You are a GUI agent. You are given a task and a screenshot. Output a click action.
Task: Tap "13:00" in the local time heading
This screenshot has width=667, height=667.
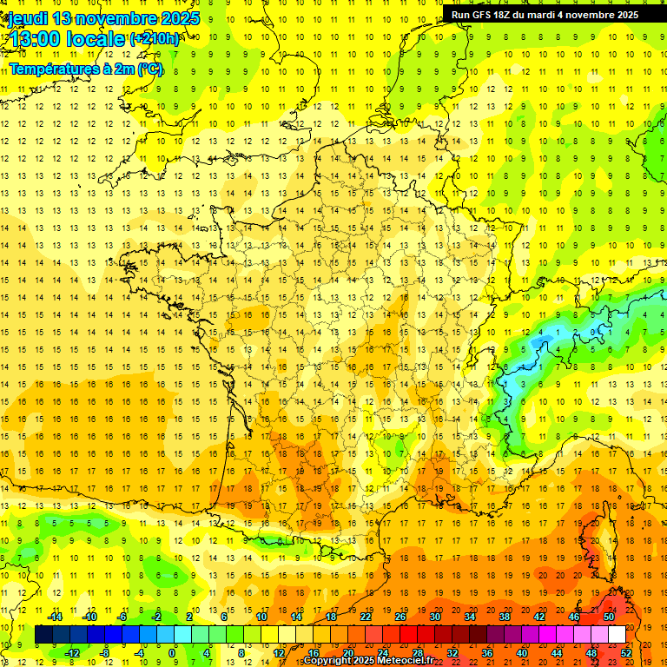pyautogui.click(x=34, y=38)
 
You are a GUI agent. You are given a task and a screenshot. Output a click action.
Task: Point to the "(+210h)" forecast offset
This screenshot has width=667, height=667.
pyautogui.click(x=155, y=38)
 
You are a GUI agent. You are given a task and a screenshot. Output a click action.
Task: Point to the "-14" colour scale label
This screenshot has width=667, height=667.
pyautogui.click(x=56, y=617)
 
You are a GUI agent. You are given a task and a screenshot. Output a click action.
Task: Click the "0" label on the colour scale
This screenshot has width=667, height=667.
pyautogui.click(x=172, y=652)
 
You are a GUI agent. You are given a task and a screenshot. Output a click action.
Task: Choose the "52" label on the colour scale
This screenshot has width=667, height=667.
pyautogui.click(x=625, y=652)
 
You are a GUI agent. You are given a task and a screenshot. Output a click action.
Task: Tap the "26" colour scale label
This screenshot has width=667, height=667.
pyautogui.click(x=400, y=617)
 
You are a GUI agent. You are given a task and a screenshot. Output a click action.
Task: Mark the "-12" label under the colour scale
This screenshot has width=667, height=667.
pyautogui.click(x=73, y=652)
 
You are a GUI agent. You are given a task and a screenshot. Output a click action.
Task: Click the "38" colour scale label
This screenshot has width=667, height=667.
pyautogui.click(x=504, y=617)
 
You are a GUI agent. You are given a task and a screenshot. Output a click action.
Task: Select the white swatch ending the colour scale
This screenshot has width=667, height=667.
pyautogui.click(x=617, y=635)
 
